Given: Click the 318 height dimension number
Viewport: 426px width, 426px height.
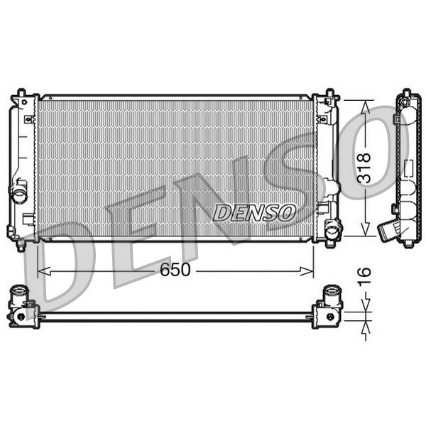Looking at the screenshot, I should pyautogui.click(x=365, y=168).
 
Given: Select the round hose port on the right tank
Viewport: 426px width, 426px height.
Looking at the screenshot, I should pyautogui.click(x=332, y=229).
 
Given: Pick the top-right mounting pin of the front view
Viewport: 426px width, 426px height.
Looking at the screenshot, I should pyautogui.click(x=329, y=93).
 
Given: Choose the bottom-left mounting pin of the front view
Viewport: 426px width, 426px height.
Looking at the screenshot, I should pyautogui.click(x=21, y=246).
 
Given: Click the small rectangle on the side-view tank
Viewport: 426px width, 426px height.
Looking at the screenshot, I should pyautogui.click(x=408, y=168).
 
